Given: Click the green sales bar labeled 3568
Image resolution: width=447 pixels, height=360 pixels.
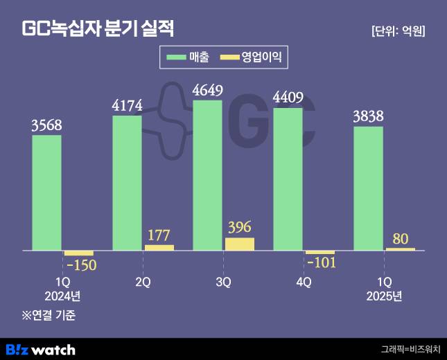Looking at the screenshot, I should [46, 192].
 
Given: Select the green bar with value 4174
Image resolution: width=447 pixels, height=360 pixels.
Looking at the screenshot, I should [127, 183].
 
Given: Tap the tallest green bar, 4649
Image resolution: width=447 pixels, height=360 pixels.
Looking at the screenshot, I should [207, 175].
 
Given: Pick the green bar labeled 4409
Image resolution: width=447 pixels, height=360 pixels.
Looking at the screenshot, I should [288, 179].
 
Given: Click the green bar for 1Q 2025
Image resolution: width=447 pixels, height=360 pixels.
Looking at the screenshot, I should [368, 188].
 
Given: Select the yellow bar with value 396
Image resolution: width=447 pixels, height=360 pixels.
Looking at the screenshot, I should [240, 244].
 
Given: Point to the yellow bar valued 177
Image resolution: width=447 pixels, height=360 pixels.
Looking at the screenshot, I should [159, 247].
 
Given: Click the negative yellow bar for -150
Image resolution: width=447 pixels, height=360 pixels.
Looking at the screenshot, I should [78, 253].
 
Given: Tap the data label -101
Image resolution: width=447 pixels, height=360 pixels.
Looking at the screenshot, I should [320, 263].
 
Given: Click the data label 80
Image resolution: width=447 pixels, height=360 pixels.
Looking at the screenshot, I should [400, 239].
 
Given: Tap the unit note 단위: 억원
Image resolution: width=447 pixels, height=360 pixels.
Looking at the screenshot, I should [398, 31].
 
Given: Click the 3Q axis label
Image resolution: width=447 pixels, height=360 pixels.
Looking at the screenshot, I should [223, 282].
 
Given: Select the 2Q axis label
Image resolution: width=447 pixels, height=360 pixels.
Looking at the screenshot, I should [143, 282].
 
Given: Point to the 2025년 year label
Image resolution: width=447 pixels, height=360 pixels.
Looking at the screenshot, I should [384, 296].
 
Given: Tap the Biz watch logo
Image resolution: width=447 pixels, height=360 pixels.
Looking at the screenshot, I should [40, 349].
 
